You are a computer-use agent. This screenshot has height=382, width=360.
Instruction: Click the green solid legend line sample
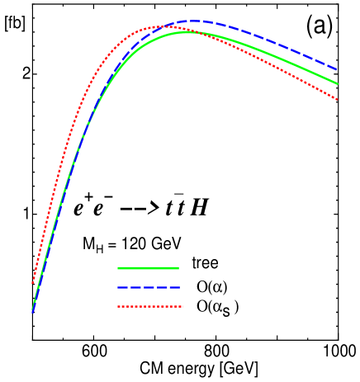(x=148, y=268)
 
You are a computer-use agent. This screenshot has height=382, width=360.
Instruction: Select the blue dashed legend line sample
(x=149, y=287)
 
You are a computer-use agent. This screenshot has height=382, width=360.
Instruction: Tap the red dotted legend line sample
(x=149, y=307)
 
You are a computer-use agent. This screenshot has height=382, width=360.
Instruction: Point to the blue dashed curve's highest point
(x=192, y=21)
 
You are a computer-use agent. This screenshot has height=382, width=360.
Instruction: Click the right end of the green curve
(x=337, y=83)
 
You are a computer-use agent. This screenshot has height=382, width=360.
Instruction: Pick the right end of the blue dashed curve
(x=337, y=69)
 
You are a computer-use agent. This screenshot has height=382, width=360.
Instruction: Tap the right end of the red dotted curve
(x=337, y=100)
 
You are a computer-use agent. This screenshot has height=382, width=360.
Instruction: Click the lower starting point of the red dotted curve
(x=33, y=283)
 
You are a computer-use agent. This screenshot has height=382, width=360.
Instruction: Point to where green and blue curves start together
(x=32, y=311)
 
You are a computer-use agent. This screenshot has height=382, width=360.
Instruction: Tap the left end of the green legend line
(x=118, y=268)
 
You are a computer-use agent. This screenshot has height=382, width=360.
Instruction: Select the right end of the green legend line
(x=178, y=268)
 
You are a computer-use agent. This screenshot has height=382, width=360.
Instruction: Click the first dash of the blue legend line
(x=121, y=287)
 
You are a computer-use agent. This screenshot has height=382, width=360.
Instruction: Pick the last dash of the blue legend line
(x=175, y=287)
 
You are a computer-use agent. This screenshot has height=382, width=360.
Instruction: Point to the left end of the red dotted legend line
(x=118, y=307)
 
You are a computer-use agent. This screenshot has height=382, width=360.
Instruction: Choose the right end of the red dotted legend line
(x=182, y=307)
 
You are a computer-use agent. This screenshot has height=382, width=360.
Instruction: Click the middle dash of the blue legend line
(x=149, y=287)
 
